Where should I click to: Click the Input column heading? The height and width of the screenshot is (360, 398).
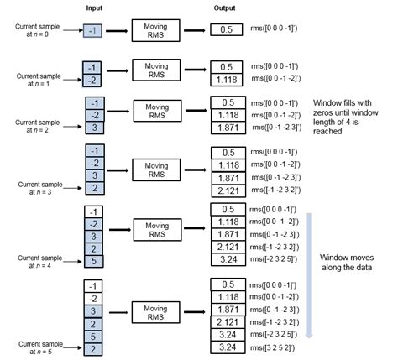(94, 8)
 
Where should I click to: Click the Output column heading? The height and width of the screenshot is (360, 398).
(224, 8)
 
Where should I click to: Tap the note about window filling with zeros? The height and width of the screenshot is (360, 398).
(346, 117)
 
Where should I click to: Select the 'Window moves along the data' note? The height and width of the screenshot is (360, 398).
(347, 263)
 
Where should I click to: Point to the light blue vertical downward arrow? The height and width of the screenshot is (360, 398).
(309, 275)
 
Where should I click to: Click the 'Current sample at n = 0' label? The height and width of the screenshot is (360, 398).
(37, 30)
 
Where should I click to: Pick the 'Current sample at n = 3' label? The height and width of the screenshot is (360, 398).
(40, 188)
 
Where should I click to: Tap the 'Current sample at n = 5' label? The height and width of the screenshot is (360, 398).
(40, 347)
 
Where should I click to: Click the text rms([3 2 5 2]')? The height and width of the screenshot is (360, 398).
(272, 347)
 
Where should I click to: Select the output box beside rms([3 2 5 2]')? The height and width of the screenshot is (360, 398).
(228, 347)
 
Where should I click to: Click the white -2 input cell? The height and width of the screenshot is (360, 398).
(93, 299)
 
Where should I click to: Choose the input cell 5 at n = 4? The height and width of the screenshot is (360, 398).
(94, 261)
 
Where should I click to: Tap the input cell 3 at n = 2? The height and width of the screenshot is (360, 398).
(95, 128)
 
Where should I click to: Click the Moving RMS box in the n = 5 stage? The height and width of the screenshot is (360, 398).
(155, 312)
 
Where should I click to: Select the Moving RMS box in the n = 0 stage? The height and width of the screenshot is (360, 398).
(155, 30)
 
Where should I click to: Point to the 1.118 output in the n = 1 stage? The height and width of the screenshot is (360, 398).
(227, 80)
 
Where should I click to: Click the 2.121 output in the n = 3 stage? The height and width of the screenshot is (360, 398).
(228, 191)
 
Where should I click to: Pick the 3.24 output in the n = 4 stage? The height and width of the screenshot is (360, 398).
(228, 259)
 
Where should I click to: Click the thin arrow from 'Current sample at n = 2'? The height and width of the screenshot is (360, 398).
(72, 127)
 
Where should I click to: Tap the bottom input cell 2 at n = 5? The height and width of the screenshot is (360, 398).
(93, 349)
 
